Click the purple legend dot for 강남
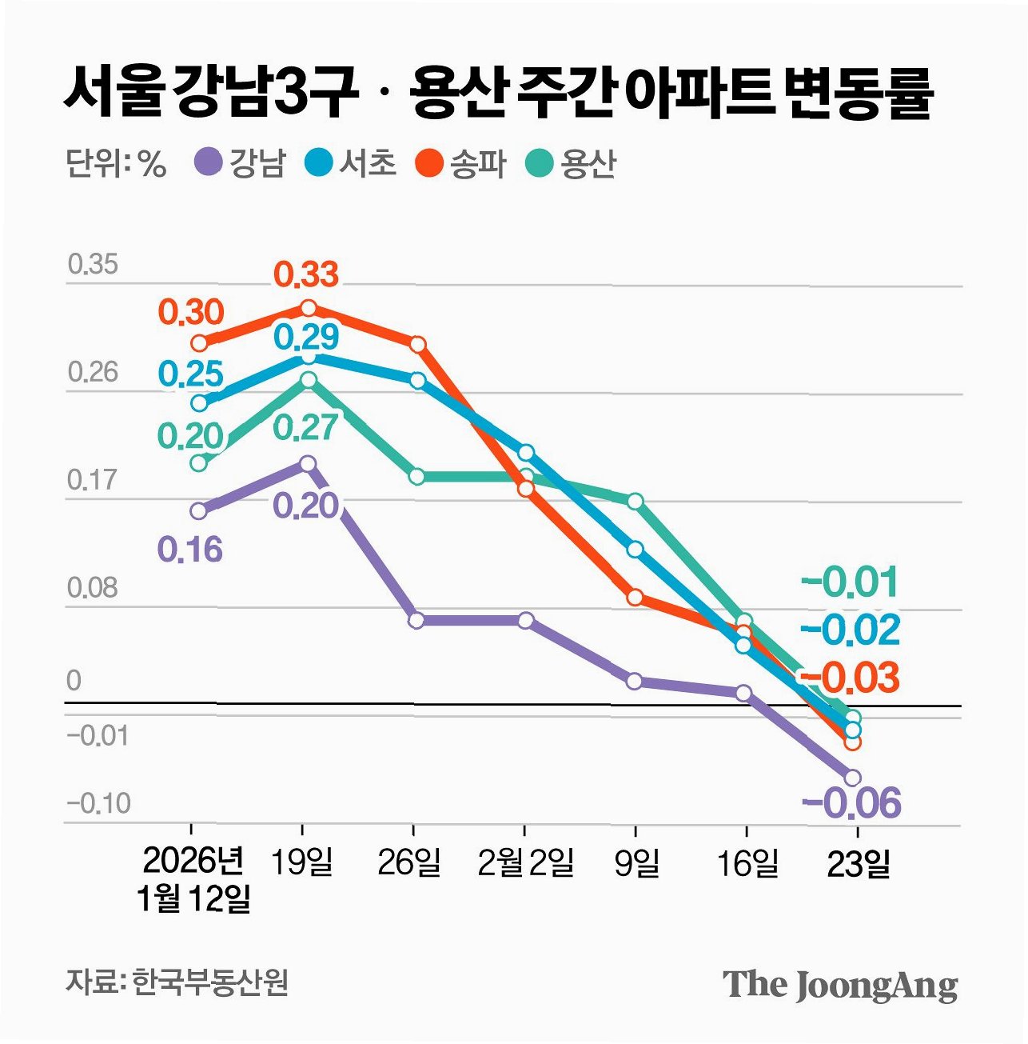[x=209, y=163]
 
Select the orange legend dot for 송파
[x=429, y=163]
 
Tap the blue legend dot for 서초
[x=319, y=163]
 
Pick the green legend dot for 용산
[x=540, y=163]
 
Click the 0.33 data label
[x=306, y=274]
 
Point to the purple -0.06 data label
[x=852, y=802]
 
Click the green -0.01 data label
[x=851, y=582]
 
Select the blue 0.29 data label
[x=306, y=336]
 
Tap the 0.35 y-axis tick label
[x=93, y=264]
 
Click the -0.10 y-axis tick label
[x=98, y=803]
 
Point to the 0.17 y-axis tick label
[x=93, y=480]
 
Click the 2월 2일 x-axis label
[x=525, y=862]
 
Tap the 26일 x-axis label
[x=409, y=862]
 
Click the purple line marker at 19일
[x=308, y=463]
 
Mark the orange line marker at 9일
[x=635, y=597]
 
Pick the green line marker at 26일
[x=417, y=476]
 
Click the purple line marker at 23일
[x=852, y=777]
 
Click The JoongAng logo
[x=840, y=985]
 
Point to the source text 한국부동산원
[x=210, y=982]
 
